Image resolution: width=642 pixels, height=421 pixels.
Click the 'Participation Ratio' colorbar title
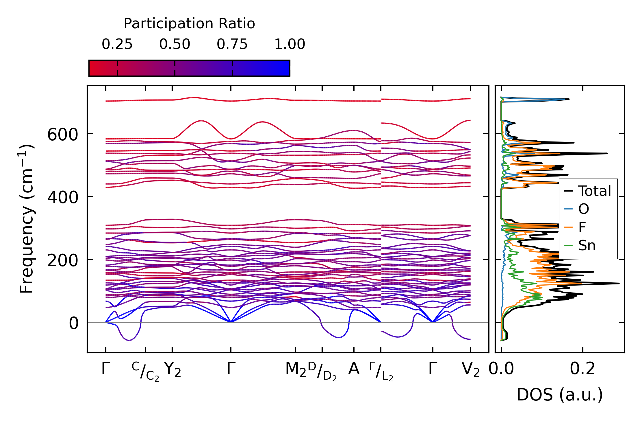coord(189,24)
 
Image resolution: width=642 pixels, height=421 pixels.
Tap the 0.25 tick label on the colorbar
coord(117,44)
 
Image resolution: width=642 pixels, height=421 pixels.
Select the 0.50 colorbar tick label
coord(175,44)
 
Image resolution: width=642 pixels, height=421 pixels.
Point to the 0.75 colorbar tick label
coord(232,44)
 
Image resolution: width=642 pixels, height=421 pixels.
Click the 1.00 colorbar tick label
coord(290,44)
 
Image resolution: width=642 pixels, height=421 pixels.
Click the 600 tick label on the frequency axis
coord(63,135)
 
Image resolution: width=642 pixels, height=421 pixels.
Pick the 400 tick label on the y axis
coord(63,198)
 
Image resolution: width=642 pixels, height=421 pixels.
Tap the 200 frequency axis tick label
coord(63,261)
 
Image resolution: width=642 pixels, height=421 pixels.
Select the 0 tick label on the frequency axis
coord(73,323)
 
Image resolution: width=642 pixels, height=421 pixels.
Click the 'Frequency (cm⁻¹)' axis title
coord(27,219)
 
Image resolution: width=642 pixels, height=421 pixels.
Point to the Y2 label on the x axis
coord(172,369)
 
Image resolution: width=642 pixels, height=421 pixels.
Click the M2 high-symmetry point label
coord(295,369)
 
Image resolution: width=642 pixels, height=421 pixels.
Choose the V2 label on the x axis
coord(471,369)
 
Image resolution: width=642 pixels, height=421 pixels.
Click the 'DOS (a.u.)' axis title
coord(560,395)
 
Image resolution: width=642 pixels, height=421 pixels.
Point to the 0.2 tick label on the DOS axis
coord(582,369)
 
